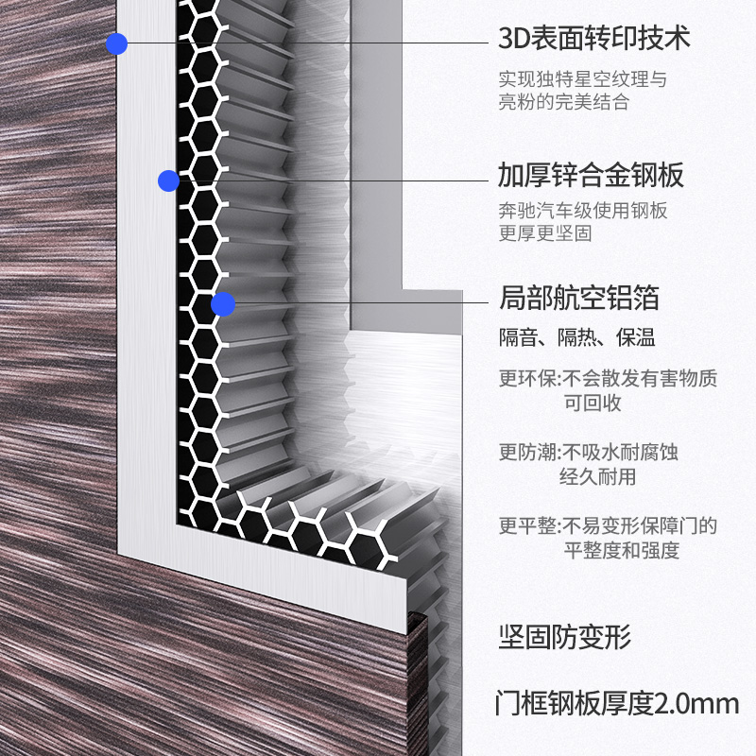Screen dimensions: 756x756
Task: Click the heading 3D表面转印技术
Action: pyautogui.click(x=594, y=40)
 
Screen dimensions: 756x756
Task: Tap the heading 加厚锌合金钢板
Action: pyautogui.click(x=591, y=175)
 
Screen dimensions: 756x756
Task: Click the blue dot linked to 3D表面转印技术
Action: pyautogui.click(x=116, y=43)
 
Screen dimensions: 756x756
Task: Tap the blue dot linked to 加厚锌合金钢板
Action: pyautogui.click(x=168, y=180)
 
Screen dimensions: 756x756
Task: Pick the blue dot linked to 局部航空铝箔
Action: pyautogui.click(x=223, y=304)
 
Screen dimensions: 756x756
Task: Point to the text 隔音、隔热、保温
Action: pyautogui.click(x=576, y=338)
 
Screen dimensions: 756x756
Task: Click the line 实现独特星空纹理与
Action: pyautogui.click(x=582, y=79)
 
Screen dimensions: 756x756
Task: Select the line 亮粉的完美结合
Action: pyautogui.click(x=563, y=103)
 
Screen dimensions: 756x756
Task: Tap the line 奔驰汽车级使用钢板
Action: pyautogui.click(x=582, y=211)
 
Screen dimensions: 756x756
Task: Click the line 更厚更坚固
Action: pyautogui.click(x=544, y=233)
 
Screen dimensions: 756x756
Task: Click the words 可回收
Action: pyautogui.click(x=593, y=404)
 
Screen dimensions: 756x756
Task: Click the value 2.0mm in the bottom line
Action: pyautogui.click(x=696, y=704)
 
